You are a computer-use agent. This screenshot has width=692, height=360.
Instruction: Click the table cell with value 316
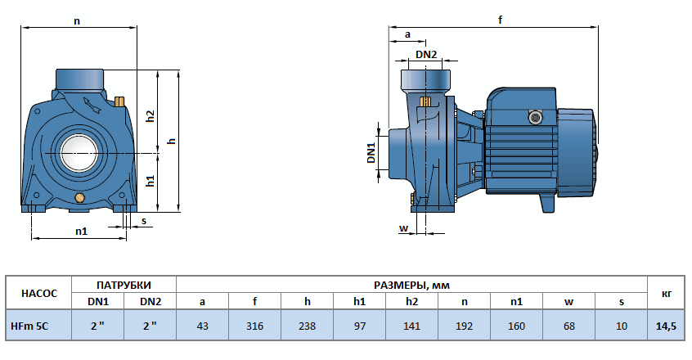(255, 325)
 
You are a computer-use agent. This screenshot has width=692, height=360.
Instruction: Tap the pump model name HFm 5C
(30, 325)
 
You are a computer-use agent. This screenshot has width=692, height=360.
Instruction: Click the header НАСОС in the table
(38, 292)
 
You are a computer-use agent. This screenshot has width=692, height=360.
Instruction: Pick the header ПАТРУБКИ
(124, 285)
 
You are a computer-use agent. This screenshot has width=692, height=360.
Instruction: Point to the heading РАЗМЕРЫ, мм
(411, 285)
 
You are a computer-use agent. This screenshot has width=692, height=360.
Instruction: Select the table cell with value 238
(307, 325)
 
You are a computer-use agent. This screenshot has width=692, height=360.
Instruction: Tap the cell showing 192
(464, 325)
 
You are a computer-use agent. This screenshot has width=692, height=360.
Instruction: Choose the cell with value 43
(203, 325)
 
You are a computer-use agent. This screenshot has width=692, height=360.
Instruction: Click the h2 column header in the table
(411, 301)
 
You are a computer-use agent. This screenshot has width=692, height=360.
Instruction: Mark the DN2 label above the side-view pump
(426, 55)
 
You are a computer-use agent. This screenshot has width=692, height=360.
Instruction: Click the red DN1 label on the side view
(371, 153)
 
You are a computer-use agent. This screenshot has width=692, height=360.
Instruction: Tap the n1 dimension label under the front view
(81, 232)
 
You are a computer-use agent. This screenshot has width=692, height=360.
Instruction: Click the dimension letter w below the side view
(403, 227)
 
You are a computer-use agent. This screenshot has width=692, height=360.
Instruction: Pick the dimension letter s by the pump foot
(144, 220)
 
